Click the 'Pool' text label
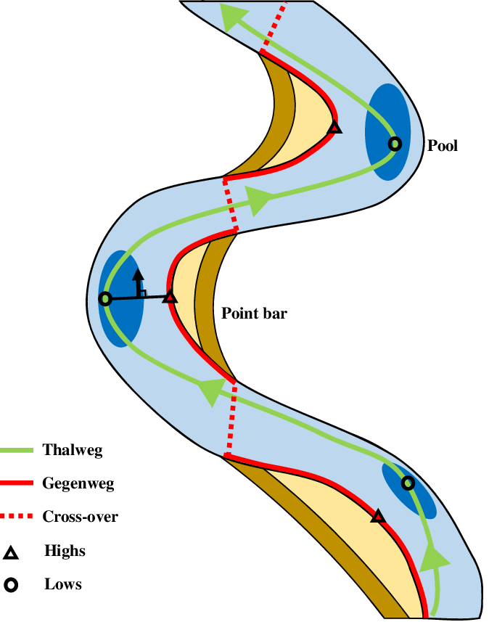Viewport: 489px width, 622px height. point(443,146)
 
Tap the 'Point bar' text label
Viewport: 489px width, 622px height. point(254,314)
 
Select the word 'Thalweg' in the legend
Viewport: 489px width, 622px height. point(73,450)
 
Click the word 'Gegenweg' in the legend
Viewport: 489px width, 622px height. point(78,483)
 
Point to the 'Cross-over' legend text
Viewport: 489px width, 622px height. point(80,517)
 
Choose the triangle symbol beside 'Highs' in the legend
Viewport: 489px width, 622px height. point(12,553)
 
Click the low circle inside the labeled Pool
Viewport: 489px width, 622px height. point(394,144)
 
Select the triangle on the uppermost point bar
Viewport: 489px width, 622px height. point(334,128)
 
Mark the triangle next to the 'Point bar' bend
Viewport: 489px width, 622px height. point(169,297)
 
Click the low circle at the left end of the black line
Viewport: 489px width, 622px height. point(105,298)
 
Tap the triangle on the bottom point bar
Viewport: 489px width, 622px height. point(377,516)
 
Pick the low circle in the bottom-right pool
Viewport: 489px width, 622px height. point(408,483)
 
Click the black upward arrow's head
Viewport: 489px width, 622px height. point(138,275)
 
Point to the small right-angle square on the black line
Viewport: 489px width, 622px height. point(143,293)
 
